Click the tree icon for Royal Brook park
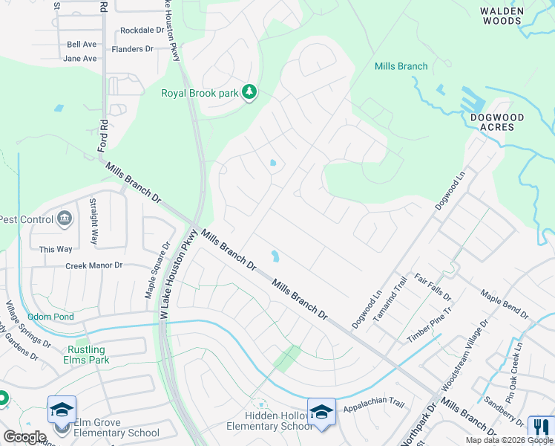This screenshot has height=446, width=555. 250,92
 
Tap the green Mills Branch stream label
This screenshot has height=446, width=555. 401,66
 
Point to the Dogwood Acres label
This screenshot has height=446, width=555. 497,122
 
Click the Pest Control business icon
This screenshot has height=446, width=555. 65,219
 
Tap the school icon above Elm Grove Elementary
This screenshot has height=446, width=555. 62,410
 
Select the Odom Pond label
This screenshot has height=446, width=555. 50,317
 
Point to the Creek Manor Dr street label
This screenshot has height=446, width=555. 93,265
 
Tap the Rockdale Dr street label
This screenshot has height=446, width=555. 142,30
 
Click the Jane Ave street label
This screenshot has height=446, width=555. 80,58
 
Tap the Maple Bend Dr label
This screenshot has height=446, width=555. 504,305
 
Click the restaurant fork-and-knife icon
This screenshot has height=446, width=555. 539,427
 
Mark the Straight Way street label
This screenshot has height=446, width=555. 93,221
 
